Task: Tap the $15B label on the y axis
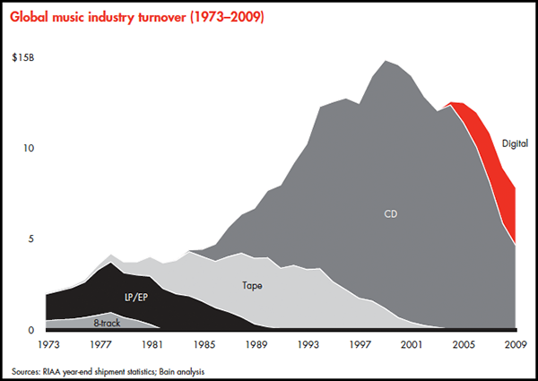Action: click(24, 57)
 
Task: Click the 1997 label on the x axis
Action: click(361, 345)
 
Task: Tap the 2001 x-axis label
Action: click(412, 345)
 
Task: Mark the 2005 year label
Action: click(464, 345)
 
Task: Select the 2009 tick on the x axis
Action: click(515, 345)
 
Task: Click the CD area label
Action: click(391, 214)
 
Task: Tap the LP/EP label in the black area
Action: click(136, 296)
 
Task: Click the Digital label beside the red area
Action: click(515, 143)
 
